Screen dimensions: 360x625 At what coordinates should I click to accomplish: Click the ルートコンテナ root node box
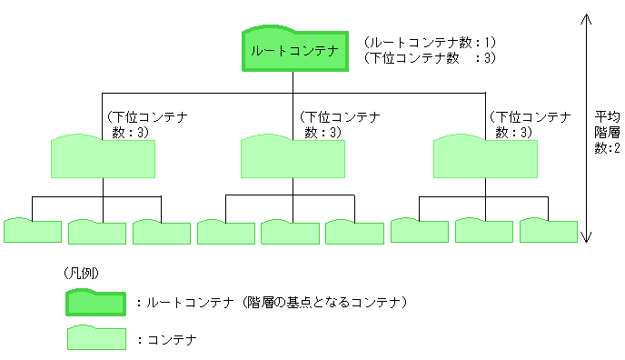pyautogui.click(x=294, y=51)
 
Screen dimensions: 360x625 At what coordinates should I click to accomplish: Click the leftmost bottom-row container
pyautogui.click(x=33, y=232)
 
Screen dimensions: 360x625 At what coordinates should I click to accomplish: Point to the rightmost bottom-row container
pyautogui.click(x=549, y=231)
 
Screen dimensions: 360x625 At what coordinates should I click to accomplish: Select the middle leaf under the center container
pyautogui.click(x=290, y=232)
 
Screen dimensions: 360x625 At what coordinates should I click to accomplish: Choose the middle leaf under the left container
pyautogui.click(x=97, y=232)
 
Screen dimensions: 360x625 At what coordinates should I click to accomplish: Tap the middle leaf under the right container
pyautogui.click(x=484, y=231)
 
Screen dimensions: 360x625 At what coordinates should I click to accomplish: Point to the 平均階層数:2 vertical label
pyautogui.click(x=607, y=133)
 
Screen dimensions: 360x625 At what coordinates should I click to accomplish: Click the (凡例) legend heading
pyautogui.click(x=81, y=273)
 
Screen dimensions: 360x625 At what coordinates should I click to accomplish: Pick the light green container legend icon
pyautogui.click(x=96, y=338)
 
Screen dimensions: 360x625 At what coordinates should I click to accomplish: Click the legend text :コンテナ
pyautogui.click(x=167, y=339)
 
